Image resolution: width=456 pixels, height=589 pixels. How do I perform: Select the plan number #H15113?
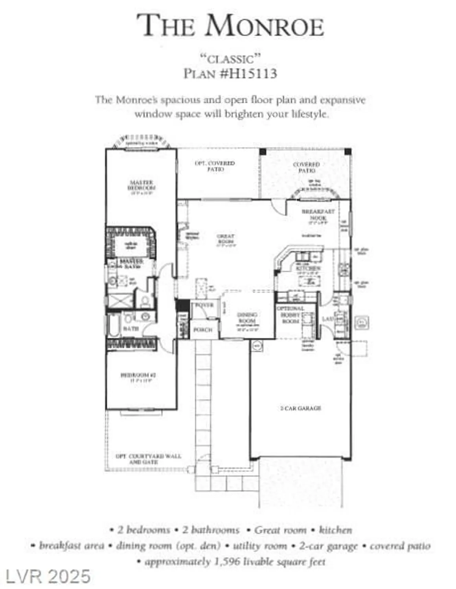click(x=248, y=73)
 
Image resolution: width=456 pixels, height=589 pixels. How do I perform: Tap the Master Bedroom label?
click(x=141, y=186)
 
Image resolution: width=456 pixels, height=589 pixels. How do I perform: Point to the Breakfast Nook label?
click(x=318, y=214)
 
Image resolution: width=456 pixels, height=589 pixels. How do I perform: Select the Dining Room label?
click(x=247, y=318)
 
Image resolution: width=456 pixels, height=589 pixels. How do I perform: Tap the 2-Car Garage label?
click(x=301, y=408)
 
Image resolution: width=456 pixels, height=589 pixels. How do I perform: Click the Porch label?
click(x=203, y=330)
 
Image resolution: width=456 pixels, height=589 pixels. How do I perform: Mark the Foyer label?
click(x=204, y=305)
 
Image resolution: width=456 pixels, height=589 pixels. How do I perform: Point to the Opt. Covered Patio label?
click(x=215, y=166)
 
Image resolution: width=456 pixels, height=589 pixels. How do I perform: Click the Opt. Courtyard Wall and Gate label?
click(x=148, y=459)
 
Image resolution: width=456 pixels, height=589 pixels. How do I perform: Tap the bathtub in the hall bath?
click(x=114, y=325)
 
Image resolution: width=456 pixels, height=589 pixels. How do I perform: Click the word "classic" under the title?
click(x=230, y=59)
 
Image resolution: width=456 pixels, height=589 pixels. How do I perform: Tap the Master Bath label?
click(x=132, y=264)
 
